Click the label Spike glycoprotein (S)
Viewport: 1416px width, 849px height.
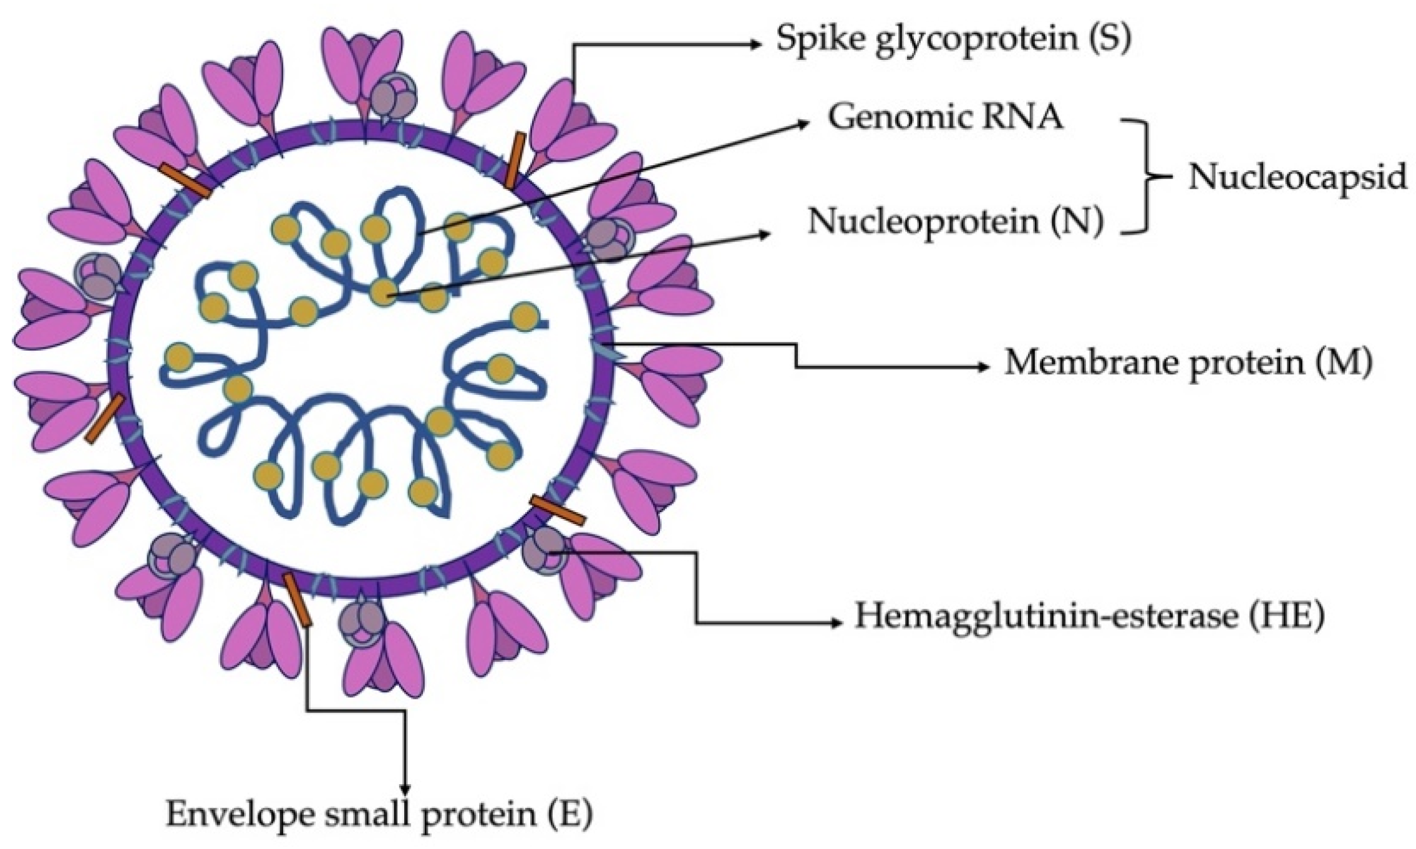(953, 41)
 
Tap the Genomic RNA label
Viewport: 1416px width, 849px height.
(945, 118)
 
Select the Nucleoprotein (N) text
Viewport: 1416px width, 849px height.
(955, 221)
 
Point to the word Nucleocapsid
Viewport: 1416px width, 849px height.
(1297, 177)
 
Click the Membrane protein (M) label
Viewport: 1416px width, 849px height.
(1188, 362)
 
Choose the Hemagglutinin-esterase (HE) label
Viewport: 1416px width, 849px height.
(1089, 616)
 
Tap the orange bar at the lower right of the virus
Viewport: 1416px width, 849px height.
(558, 509)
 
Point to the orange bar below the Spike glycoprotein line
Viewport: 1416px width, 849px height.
(515, 160)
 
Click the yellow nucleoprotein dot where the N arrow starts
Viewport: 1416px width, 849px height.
(384, 291)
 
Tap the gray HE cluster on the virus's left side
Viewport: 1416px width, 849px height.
(96, 276)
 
